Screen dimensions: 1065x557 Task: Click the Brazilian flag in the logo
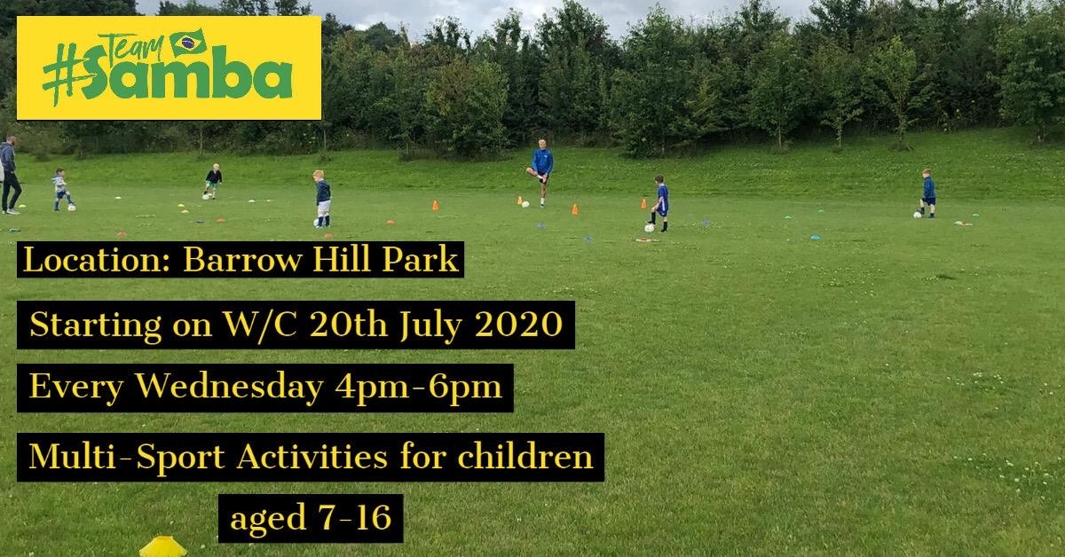tap(189, 43)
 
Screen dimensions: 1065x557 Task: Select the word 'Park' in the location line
tap(420, 260)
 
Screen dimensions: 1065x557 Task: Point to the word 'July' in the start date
tap(430, 326)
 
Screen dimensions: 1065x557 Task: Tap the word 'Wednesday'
tap(230, 386)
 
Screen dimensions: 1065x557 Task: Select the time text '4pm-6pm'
tap(418, 388)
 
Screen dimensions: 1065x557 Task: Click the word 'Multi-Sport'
tap(126, 457)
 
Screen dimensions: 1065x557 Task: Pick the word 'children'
tap(525, 456)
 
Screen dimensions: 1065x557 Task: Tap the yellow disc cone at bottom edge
tap(163, 546)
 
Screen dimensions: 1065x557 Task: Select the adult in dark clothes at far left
tap(10, 175)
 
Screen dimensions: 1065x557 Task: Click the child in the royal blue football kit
tap(661, 203)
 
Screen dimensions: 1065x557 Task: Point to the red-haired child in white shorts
tap(322, 199)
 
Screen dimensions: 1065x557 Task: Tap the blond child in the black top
tap(213, 181)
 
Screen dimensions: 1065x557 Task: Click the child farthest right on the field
tap(927, 193)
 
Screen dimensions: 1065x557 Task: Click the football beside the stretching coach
tap(525, 204)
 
